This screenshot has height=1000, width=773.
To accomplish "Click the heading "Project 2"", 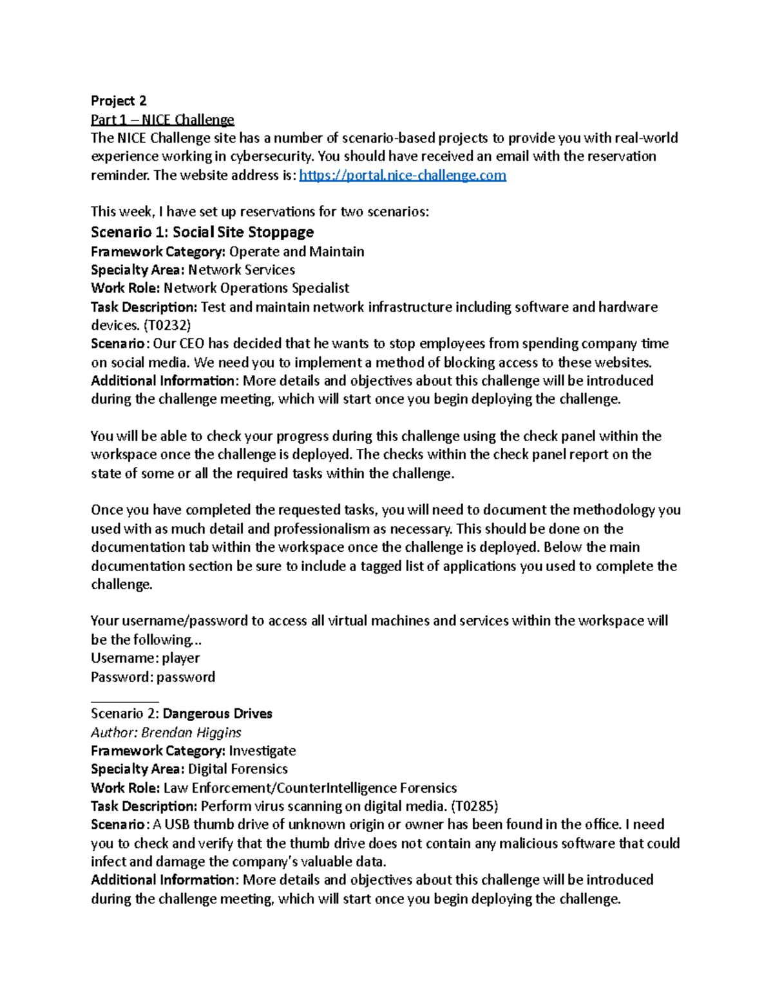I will pyautogui.click(x=119, y=100).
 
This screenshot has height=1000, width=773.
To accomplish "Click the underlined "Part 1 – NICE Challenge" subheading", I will pyautogui.click(x=162, y=119).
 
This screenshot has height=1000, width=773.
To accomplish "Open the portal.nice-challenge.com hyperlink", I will pyautogui.click(x=403, y=175).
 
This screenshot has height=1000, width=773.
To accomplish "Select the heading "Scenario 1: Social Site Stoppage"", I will pyautogui.click(x=202, y=232).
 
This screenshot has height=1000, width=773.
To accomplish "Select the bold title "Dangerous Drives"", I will pyautogui.click(x=217, y=713).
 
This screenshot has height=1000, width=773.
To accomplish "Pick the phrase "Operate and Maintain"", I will pyautogui.click(x=296, y=252).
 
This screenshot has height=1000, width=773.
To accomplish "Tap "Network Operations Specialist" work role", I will pyautogui.click(x=256, y=288).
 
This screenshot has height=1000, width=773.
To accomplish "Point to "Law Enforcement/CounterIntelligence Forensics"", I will pyautogui.click(x=310, y=788).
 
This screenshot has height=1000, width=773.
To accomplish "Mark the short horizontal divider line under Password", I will pyautogui.click(x=124, y=701).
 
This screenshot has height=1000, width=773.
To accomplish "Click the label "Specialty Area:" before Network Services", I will pyautogui.click(x=137, y=270).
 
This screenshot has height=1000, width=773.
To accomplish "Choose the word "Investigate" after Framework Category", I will pyautogui.click(x=262, y=751).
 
